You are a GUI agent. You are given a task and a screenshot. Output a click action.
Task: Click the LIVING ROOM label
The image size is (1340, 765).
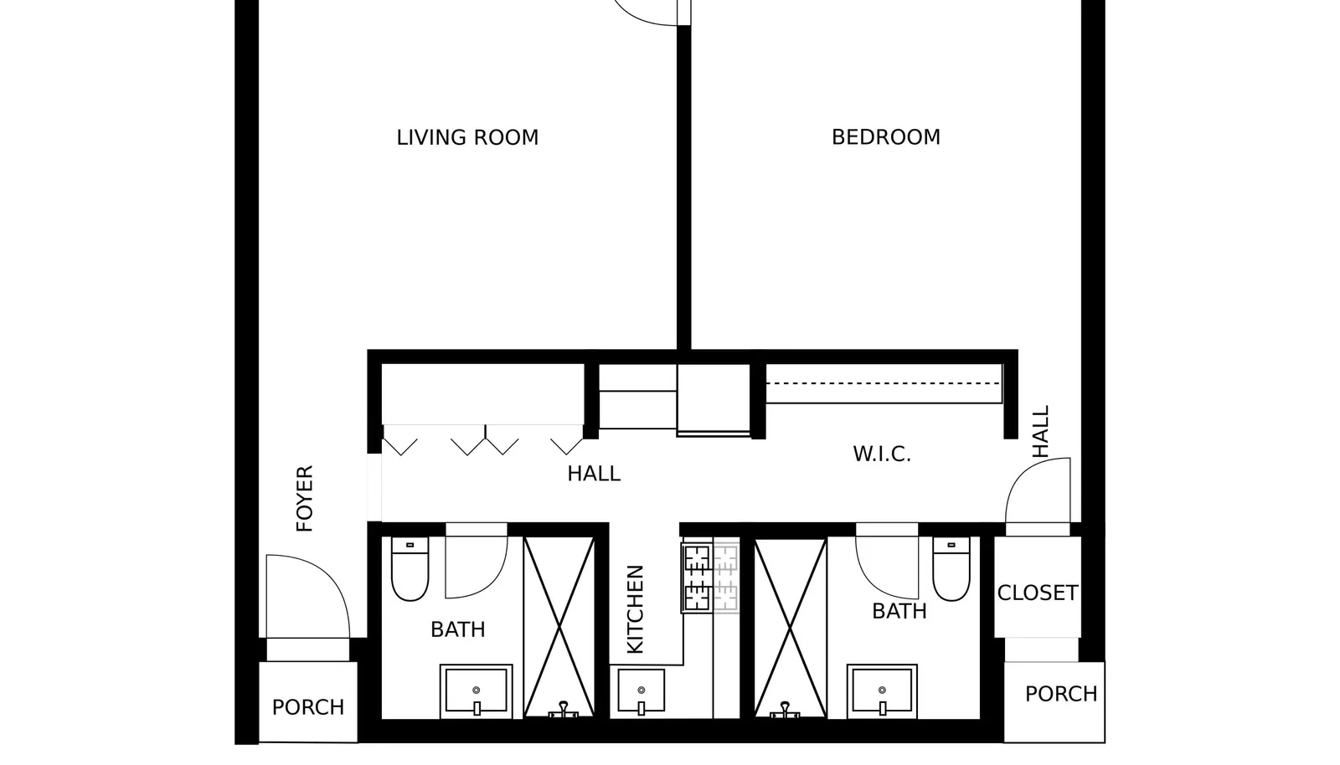pos(467,137)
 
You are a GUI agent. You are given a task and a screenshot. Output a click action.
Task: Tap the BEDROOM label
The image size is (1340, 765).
pos(885,137)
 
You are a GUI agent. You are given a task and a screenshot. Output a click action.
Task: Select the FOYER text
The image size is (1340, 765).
pos(305,499)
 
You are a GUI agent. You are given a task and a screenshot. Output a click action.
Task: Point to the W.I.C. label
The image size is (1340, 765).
pos(882,454)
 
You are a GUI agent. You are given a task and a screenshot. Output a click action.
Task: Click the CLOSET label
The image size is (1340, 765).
pos(1038,593)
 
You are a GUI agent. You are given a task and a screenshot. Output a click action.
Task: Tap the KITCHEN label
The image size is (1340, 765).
pos(635,609)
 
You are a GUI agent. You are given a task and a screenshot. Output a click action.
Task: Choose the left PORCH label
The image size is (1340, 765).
pos(308,707)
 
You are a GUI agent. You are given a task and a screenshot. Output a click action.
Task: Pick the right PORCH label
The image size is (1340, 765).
pos(1061,694)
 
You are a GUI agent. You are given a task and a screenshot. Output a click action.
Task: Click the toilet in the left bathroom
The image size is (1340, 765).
pos(410,568)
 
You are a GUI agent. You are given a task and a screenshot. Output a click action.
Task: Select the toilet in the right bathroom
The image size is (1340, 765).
pos(951,568)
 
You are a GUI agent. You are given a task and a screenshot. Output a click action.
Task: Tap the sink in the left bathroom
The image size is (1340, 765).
pos(477,691)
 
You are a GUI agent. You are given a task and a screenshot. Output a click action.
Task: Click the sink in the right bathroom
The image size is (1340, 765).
pos(882,691)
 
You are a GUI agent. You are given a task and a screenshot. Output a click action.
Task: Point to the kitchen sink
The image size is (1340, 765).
pos(641,691)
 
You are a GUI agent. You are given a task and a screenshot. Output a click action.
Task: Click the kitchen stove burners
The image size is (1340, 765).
pos(697,578)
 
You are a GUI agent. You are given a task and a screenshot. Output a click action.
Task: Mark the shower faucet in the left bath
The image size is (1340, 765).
pos(563,710)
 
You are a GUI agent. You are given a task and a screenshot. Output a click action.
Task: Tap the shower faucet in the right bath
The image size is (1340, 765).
pos(784,710)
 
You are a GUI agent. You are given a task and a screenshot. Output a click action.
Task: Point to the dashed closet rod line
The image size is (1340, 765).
pos(883,383)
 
